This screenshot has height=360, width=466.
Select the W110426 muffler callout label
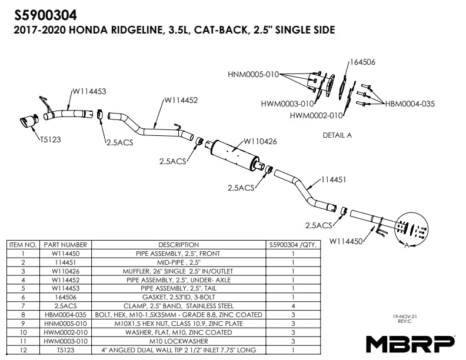pos(260,141)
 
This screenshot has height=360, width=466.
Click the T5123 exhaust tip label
pos(51,140)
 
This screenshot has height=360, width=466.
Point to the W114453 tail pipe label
pos(89,91)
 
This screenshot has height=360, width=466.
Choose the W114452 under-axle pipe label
pos(181,100)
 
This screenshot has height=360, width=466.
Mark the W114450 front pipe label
pos(348,240)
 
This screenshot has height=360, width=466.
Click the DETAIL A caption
pos(337,135)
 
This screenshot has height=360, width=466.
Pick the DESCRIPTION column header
pos(178,245)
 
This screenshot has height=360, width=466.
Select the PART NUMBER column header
pos(65,245)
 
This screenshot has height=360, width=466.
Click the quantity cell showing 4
pos(292,306)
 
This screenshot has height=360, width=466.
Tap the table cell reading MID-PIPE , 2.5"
pos(178,262)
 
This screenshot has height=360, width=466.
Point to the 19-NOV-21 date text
pos(405,316)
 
